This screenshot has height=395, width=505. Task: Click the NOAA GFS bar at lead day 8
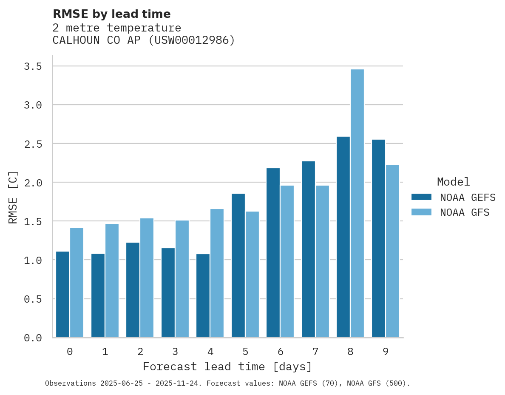coord(357,203)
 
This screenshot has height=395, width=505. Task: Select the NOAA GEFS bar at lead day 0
coord(62,295)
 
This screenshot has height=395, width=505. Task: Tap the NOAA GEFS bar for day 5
coord(238,266)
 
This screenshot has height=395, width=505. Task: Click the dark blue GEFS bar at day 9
coord(378,238)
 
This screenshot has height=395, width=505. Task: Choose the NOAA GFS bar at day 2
coord(147,278)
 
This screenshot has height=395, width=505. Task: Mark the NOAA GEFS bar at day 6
coord(273,253)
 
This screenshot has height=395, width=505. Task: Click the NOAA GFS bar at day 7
coord(322,261)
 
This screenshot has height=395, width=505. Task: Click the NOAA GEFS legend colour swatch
coord(421,197)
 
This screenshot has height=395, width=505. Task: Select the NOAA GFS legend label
coord(465,212)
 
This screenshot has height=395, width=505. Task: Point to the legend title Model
coord(453,182)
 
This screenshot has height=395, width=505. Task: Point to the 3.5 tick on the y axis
coord(33,66)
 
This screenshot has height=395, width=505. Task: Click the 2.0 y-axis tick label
coord(33,183)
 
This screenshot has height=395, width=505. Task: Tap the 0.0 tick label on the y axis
coord(33,338)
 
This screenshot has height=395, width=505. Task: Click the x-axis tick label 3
coord(175,352)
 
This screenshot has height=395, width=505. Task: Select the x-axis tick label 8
coord(350,352)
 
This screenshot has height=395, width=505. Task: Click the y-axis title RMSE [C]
coord(13,197)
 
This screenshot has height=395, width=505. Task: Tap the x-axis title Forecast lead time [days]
coord(227,366)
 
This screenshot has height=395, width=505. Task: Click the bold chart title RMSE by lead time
coord(112,14)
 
